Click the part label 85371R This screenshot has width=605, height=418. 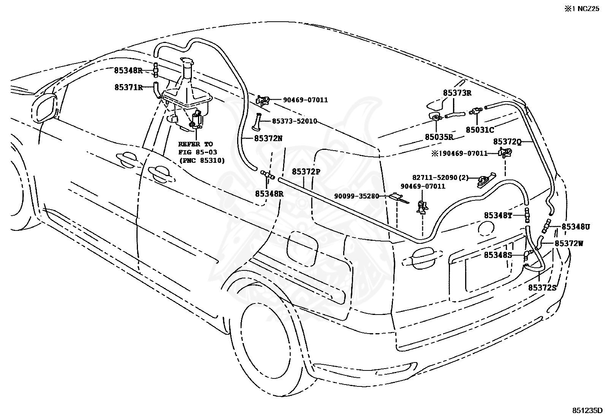tap(128, 87)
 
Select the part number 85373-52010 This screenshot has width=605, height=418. tap(295, 121)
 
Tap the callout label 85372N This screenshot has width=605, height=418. tap(268, 138)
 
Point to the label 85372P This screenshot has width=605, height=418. tap(306, 172)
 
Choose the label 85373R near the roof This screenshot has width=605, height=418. tap(457, 93)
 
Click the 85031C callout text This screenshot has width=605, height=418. tap(480, 130)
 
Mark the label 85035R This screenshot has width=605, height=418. tap(439, 137)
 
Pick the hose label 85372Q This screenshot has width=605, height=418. tap(507, 141)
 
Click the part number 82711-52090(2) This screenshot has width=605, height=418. tap(440, 178)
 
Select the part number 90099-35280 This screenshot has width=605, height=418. tap(356, 196)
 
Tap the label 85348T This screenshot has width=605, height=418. tap(498, 216)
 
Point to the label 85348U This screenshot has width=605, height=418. tap(576, 227)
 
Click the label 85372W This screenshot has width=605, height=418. tap(569, 243)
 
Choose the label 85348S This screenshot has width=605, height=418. tap(498, 255)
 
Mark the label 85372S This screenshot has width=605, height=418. tap(542, 288)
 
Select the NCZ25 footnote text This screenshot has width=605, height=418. tap(589, 9)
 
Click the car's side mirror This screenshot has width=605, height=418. tap(44, 107)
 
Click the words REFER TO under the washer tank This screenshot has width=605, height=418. tap(196, 144)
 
